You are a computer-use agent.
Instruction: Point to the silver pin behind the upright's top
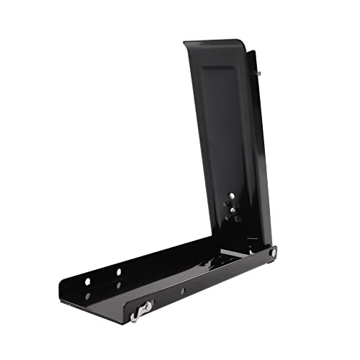click(x=258, y=73)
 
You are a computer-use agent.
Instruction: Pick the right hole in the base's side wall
click(x=119, y=272)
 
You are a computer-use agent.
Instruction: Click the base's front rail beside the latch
click(x=209, y=284)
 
